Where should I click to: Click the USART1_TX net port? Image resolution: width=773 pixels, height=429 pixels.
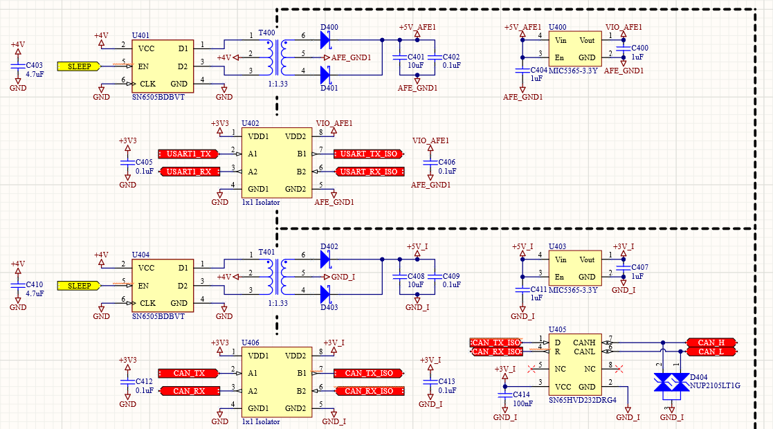(189, 154)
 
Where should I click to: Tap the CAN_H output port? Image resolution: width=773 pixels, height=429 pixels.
(711, 343)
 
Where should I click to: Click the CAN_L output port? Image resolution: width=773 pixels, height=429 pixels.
(711, 352)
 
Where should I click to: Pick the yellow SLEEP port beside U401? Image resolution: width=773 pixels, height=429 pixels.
(80, 66)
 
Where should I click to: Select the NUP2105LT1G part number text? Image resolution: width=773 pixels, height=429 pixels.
(715, 385)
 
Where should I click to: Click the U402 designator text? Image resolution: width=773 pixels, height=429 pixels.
(250, 122)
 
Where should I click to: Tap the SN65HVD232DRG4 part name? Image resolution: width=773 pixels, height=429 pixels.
(582, 400)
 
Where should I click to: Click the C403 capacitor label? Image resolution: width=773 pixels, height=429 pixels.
(35, 65)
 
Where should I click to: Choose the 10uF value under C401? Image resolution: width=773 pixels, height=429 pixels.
(415, 65)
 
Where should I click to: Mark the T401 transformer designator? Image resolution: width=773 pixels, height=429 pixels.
(266, 252)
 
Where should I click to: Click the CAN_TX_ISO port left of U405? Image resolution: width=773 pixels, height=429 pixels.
(495, 343)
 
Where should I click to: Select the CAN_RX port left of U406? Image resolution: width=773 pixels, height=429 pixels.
(189, 391)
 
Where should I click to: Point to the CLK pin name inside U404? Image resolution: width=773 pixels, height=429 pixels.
(147, 303)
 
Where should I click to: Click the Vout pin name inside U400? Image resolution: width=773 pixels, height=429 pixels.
(587, 40)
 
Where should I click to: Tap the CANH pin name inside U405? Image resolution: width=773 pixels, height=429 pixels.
(585, 343)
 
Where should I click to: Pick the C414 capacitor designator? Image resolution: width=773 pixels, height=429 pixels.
(522, 394)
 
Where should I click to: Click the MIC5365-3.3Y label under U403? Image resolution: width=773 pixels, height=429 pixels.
(573, 290)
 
